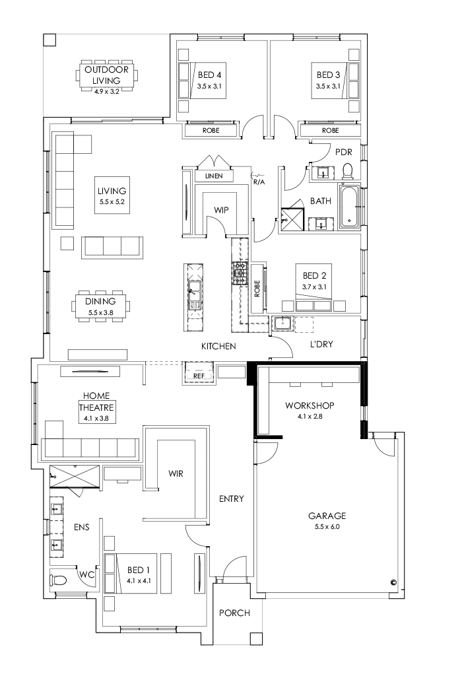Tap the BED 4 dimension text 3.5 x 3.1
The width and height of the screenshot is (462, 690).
pos(210,86)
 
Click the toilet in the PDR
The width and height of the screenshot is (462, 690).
pos(348,172)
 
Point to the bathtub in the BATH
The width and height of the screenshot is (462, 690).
pos(349,207)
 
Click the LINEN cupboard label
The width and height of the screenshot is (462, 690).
pos(213,176)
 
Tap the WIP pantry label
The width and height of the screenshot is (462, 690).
pos(220,209)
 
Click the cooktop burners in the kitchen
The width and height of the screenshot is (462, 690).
pos(238,271)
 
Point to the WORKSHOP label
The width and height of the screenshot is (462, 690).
pos(309,405)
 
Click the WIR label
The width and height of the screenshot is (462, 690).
pos(176,473)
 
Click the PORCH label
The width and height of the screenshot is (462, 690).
pos(234,613)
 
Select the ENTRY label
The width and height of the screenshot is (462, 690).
pos(232,499)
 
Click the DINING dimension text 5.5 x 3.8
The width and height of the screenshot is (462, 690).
pos(100,312)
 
